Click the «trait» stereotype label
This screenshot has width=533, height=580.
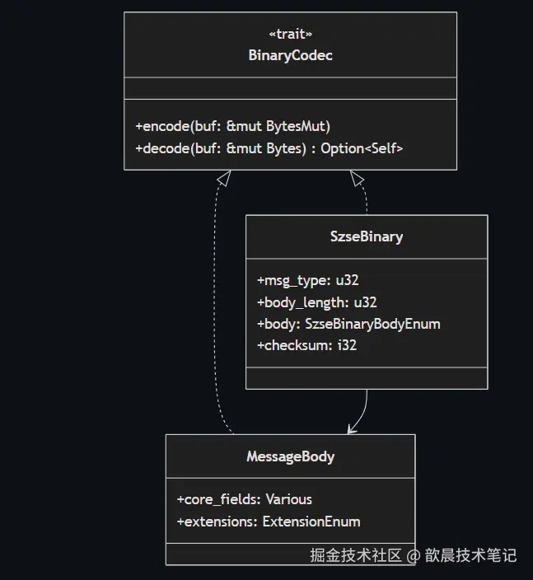coord(290,34)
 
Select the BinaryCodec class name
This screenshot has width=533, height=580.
coord(290,56)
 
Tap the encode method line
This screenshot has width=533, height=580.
coord(232,127)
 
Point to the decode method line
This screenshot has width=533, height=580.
coord(269,148)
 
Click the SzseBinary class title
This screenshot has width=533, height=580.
coord(367,236)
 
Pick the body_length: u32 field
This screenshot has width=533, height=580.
coord(317,302)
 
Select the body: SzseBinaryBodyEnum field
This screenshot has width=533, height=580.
coord(348,324)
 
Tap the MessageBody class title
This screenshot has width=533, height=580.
coord(290,456)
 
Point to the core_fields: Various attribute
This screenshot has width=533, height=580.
coord(244,499)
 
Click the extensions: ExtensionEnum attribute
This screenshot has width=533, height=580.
coord(268,522)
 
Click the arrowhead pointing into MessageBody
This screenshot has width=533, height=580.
coord(352,428)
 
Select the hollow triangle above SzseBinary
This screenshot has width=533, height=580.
coord(356,176)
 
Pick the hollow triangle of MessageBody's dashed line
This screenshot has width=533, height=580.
coord(223,176)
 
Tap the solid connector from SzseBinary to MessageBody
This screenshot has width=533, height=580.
coord(365,407)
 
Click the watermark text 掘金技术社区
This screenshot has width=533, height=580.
coord(356,555)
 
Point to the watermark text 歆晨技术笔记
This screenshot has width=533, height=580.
coord(470,555)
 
